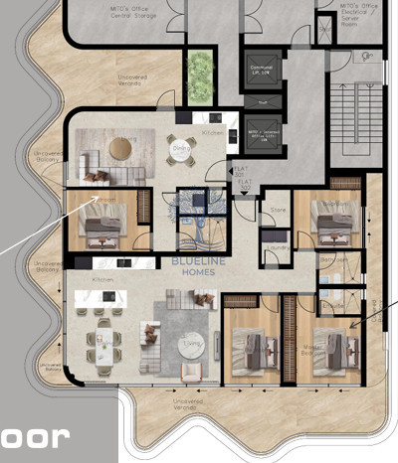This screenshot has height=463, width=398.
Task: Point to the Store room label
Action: point(279,211)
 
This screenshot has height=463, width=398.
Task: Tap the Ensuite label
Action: point(335,306)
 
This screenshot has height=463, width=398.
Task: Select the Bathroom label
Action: point(333,260)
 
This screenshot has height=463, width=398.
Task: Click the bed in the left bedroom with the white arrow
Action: point(102,228)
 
